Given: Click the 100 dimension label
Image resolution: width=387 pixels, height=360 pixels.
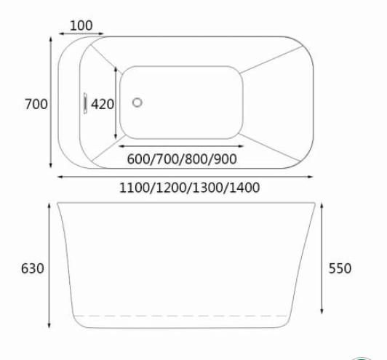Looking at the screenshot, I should pyautogui.click(x=81, y=25).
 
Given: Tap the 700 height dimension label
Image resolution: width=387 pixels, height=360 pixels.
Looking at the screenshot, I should pyautogui.click(x=36, y=104).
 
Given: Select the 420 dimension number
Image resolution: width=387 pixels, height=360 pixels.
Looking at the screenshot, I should pyautogui.click(x=103, y=104).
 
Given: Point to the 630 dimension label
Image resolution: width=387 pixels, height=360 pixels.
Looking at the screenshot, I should pyautogui.click(x=33, y=268).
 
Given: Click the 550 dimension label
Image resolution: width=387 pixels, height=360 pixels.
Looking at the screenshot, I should pyautogui.click(x=340, y=268).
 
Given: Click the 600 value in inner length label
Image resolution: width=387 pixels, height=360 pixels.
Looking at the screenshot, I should pyautogui.click(x=139, y=159).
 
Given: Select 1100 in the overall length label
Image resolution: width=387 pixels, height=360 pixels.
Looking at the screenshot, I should pyautogui.click(x=136, y=188).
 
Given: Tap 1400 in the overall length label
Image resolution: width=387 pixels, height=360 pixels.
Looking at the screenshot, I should pyautogui.click(x=242, y=188).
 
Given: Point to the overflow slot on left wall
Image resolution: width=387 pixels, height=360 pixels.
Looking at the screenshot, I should pyautogui.click(x=85, y=103).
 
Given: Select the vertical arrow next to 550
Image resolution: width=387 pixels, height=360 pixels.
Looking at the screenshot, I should pyautogui.click(x=323, y=258).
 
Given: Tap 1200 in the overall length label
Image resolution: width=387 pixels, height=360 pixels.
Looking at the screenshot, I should pyautogui.click(x=172, y=188).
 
